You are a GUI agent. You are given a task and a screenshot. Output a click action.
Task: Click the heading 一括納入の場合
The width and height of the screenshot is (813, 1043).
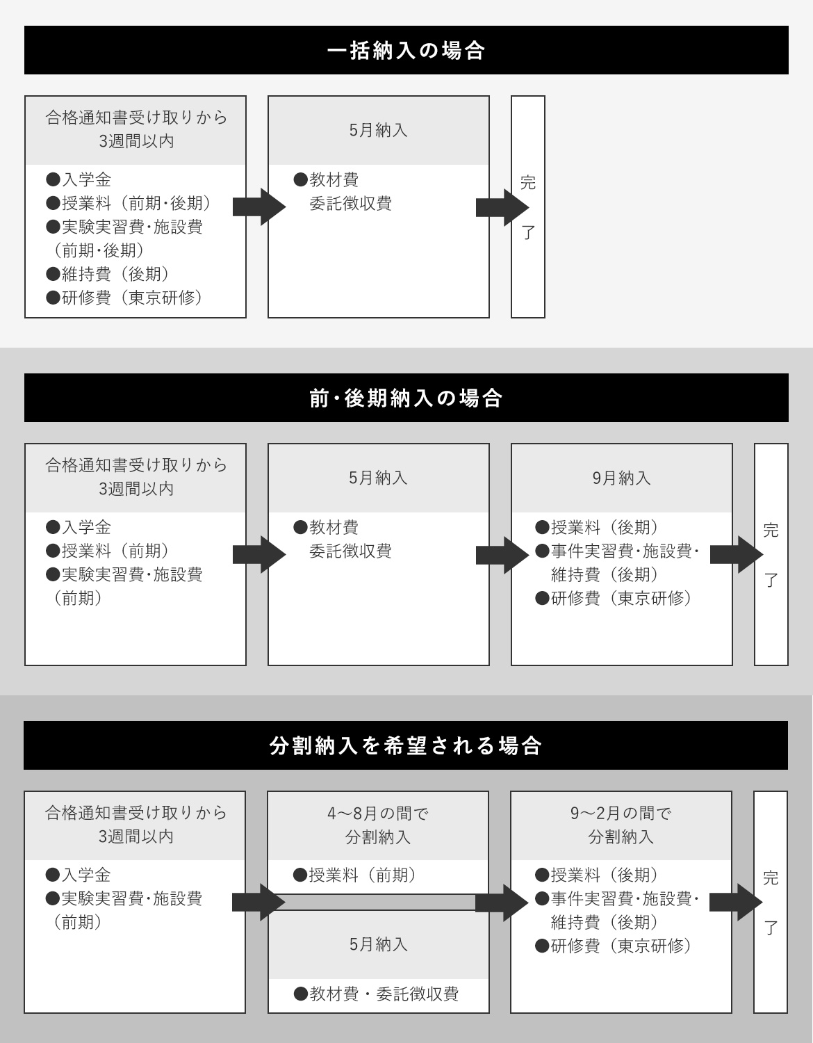tap(406, 50)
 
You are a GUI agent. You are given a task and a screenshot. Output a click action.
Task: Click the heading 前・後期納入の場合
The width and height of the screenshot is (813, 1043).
tap(406, 398)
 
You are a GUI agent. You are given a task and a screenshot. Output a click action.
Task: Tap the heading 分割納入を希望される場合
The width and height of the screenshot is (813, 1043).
tap(406, 745)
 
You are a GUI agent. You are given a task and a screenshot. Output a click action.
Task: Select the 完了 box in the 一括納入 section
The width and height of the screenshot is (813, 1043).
tap(527, 207)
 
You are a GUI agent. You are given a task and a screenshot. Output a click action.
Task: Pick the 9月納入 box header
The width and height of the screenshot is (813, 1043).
tap(622, 478)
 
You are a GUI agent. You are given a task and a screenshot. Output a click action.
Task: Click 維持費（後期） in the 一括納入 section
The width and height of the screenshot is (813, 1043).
tap(108, 274)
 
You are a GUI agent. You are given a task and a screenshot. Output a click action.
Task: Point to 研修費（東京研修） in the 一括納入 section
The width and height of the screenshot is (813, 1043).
tap(124, 298)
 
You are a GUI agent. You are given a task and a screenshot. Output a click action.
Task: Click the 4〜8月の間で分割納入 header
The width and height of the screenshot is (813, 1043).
tap(378, 825)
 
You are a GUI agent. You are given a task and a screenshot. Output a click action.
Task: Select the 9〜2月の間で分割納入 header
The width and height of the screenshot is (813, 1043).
tap(621, 825)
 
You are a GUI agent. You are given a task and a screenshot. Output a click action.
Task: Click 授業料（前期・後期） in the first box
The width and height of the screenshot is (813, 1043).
tap(128, 203)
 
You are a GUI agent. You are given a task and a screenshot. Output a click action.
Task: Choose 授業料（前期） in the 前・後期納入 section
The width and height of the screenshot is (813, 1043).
tap(108, 551)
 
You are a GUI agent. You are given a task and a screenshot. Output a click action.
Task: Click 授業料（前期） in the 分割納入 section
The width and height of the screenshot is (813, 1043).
tap(355, 875)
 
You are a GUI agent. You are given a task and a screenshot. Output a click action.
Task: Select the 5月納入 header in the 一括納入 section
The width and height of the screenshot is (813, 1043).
tap(379, 130)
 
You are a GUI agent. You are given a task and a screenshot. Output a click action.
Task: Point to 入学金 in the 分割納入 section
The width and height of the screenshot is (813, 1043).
tap(79, 875)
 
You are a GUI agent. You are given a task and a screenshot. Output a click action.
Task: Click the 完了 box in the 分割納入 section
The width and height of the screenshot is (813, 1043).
tap(771, 903)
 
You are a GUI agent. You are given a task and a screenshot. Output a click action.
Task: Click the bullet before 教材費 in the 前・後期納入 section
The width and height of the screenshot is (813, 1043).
tap(300, 527)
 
